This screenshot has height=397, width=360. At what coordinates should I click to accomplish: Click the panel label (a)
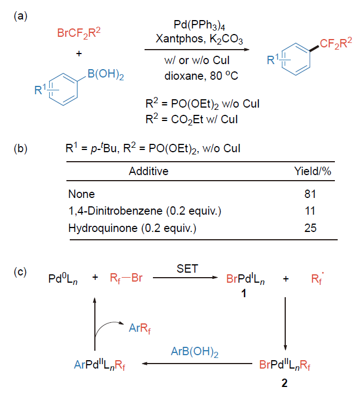pyautogui.click(x=21, y=16)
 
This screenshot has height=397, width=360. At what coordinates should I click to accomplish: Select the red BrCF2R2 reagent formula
pyautogui.click(x=79, y=33)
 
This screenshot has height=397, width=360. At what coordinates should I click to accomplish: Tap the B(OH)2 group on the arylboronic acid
pyautogui.click(x=105, y=74)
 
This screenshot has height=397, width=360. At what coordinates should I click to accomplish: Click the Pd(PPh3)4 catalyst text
pyautogui.click(x=199, y=25)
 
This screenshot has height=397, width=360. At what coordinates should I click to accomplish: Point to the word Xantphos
pyautogui.click(x=180, y=38)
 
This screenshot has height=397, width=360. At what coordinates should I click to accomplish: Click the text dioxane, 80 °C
pyautogui.click(x=201, y=75)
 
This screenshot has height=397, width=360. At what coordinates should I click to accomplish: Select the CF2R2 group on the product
pyautogui.click(x=335, y=43)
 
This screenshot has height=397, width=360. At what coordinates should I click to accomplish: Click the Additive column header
pyautogui.click(x=148, y=171)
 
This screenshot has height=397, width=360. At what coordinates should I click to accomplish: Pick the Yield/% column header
pyautogui.click(x=313, y=171)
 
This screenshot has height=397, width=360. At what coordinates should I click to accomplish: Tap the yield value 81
pyautogui.click(x=310, y=194)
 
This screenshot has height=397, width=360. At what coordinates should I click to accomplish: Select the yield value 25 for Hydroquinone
pyautogui.click(x=310, y=228)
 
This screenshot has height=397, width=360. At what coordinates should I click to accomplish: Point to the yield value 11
pyautogui.click(x=310, y=211)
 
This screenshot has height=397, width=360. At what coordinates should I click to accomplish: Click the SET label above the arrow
pyautogui.click(x=188, y=269)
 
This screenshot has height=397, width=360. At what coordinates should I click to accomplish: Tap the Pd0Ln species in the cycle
pyautogui.click(x=63, y=279)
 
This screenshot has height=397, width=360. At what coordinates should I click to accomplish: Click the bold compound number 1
pyautogui.click(x=244, y=293)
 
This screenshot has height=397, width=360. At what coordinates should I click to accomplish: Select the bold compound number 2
pyautogui.click(x=285, y=383)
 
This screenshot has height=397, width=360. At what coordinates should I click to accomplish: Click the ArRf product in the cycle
pyautogui.click(x=140, y=328)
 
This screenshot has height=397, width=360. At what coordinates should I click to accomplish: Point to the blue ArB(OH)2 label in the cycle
pyautogui.click(x=195, y=352)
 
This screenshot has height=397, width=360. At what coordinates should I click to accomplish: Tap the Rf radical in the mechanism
pyautogui.click(x=318, y=278)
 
